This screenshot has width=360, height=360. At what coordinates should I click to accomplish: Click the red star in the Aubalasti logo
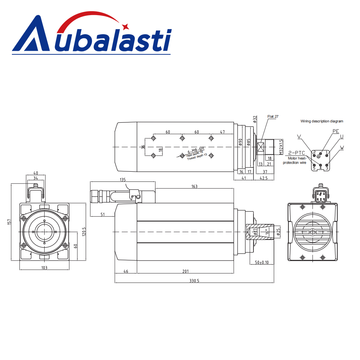point(125,27)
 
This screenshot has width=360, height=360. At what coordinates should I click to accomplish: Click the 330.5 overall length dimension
point(194,281)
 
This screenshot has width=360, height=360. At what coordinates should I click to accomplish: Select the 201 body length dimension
point(185,271)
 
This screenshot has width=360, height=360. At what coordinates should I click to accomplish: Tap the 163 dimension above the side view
point(194,186)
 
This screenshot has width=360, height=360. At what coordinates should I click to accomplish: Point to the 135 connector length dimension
point(123,180)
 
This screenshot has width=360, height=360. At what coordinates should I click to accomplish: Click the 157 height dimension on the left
point(9,222)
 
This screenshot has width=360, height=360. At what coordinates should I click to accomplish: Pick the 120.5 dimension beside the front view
point(84,231)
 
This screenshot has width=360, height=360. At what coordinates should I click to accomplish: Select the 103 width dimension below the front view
point(44,268)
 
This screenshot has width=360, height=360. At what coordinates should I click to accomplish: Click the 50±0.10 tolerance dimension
point(262,262)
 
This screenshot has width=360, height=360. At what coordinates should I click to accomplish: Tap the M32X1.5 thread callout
point(281,147)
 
